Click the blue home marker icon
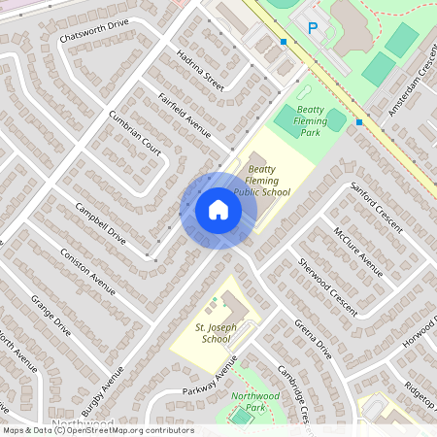click(218, 210)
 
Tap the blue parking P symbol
click(313, 29)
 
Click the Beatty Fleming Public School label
click(262, 180)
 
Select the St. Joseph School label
click(213, 333)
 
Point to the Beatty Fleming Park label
click(311, 120)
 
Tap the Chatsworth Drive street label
click(94, 30)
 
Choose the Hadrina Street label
click(201, 71)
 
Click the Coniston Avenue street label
click(88, 271)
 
